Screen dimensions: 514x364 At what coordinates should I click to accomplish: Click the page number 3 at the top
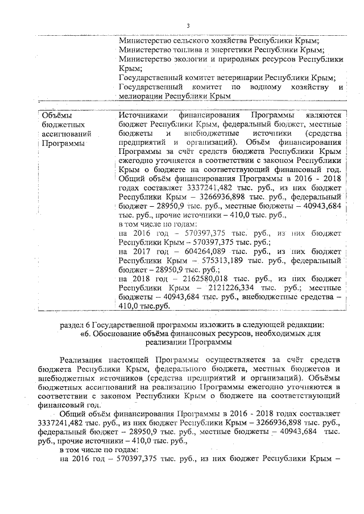click(x=187, y=24)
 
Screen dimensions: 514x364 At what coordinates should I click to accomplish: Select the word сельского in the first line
click(x=187, y=40)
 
